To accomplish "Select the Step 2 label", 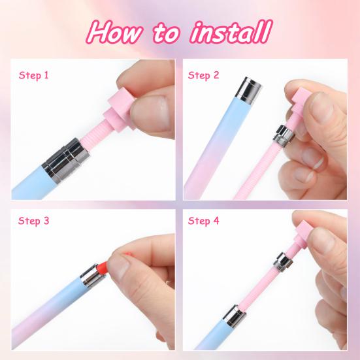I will pos(203,76).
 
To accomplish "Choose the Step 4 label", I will pos(203,221).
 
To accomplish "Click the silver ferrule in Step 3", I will pos(92,275).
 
